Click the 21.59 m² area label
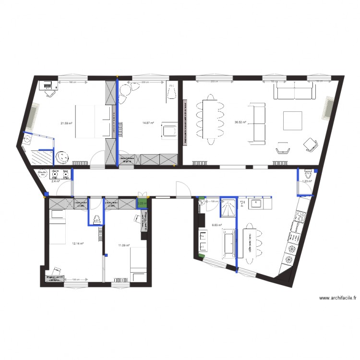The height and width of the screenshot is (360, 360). tap(66, 123)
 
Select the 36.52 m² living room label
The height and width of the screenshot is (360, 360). tap(240, 122)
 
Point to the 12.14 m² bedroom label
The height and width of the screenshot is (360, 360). tap(78, 243)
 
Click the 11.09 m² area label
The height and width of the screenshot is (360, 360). tap(123, 246)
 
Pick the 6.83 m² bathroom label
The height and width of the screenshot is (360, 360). tap(217, 225)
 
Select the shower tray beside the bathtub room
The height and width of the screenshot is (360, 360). tap(228, 207)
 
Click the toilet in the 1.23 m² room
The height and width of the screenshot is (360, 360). tap(308, 172)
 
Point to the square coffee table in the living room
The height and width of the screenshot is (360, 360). tap(292, 120)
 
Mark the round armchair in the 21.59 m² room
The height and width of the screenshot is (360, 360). tap(62, 157)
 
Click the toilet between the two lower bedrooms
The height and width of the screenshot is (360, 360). tap(96, 219)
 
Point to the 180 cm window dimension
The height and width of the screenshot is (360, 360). tap(71, 83)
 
